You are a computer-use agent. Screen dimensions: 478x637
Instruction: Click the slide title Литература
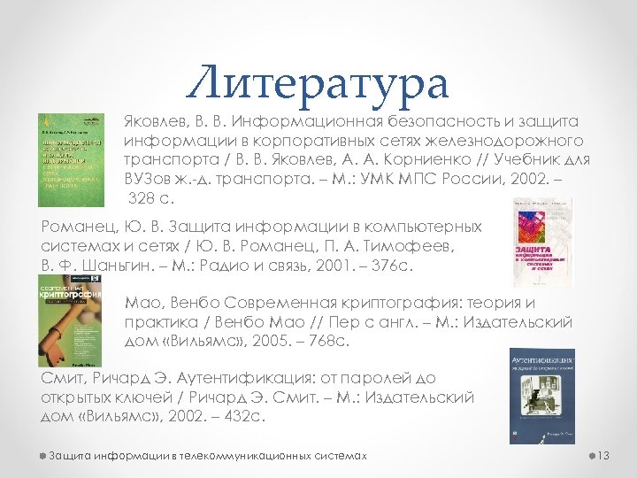(x=318, y=85)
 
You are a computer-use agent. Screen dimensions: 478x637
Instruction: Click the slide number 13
(x=605, y=455)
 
